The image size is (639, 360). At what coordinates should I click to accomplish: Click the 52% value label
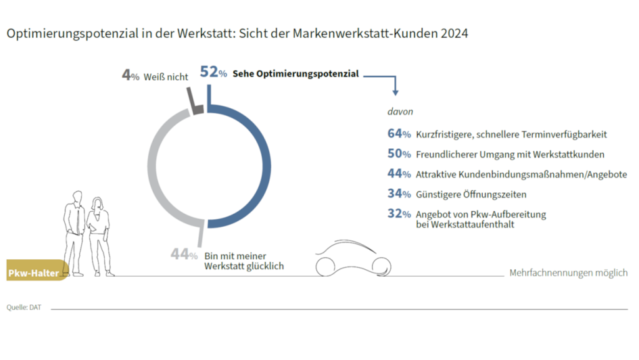213,73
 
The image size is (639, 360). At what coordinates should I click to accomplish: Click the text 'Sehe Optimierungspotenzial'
295,74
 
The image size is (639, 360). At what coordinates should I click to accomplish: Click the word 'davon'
399,110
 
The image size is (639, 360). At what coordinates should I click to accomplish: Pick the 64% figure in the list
399,134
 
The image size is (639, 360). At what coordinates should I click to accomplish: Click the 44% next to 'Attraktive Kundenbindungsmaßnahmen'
399,174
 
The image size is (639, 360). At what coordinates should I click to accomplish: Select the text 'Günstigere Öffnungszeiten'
471,194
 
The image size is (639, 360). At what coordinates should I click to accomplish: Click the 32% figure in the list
399,215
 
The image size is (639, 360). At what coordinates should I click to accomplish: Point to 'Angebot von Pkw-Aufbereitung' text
480,215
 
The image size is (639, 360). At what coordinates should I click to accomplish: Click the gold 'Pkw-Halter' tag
37,273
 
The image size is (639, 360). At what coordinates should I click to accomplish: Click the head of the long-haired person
97,203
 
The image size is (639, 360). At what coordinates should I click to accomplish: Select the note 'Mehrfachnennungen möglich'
568,273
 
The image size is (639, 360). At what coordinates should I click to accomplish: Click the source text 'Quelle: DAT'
24,307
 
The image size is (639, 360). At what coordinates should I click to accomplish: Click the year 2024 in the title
453,32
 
